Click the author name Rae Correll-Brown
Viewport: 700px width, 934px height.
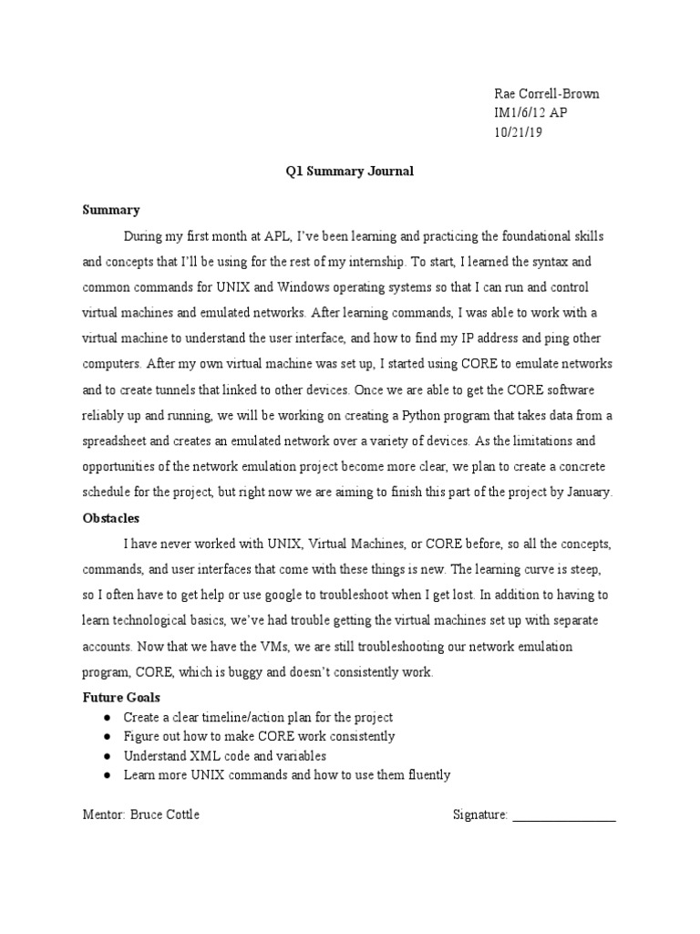coord(547,95)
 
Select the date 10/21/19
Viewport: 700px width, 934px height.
coord(519,133)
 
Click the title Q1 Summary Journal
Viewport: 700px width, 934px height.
coord(349,171)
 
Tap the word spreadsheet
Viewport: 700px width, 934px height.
coord(118,441)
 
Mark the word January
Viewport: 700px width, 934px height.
coord(588,493)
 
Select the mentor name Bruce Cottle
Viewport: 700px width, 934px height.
coord(163,815)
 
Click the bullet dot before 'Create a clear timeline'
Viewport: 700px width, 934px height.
coord(107,718)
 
